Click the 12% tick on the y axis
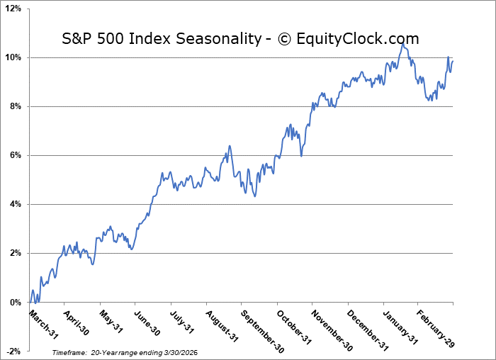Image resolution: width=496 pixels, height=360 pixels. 13,9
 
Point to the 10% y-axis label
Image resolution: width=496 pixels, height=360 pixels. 13,57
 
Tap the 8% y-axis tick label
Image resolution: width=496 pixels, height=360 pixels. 16,106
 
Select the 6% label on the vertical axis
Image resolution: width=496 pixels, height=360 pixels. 16,155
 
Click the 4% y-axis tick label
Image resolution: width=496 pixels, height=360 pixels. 16,204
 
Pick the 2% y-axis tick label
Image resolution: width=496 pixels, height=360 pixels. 16,253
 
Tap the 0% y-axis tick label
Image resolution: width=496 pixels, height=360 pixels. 16,303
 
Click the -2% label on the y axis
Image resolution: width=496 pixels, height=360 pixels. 14,351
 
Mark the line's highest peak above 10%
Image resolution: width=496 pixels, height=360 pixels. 402,44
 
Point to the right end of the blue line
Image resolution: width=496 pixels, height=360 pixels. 453,62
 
